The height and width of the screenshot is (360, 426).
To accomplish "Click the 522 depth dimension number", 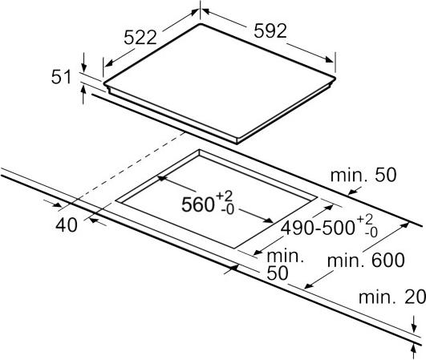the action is click(x=140, y=37).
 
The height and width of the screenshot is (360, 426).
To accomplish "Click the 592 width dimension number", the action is click(x=270, y=30).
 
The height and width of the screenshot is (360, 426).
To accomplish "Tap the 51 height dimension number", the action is click(x=61, y=77).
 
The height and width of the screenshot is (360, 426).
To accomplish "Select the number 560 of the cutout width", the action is click(x=198, y=204).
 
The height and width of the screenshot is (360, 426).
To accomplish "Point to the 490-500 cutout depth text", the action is click(x=318, y=228).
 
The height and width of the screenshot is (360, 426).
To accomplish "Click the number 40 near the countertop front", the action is click(x=67, y=225).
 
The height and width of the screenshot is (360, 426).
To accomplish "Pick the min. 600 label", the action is click(x=366, y=260).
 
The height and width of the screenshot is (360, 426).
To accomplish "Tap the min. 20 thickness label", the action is click(x=392, y=297).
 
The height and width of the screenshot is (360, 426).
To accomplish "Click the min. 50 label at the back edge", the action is click(x=363, y=176).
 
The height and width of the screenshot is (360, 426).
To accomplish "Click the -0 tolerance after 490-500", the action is click(x=371, y=233).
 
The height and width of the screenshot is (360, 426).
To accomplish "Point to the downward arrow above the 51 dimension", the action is click(x=83, y=63).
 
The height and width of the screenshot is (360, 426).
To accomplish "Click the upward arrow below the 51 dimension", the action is click(x=83, y=94).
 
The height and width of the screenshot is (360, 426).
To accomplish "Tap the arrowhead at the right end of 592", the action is click(x=330, y=59).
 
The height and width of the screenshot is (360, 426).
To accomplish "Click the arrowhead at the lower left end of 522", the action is click(x=108, y=63).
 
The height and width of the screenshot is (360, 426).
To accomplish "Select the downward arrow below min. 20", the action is click(x=414, y=324).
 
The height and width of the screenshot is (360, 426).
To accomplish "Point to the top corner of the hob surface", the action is click(x=201, y=24).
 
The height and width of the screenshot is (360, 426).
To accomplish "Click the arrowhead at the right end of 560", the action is click(x=269, y=220).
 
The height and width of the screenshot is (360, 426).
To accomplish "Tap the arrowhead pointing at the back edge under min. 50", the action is click(x=352, y=192).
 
